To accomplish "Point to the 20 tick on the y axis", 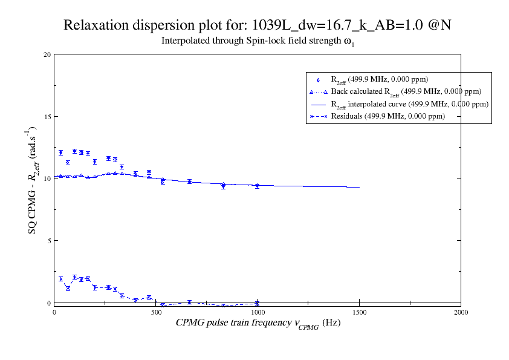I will coord(47,54).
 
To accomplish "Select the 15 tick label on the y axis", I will coord(47,117).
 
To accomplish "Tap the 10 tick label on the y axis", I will coord(47,178).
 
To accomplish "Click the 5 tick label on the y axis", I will coord(48,241).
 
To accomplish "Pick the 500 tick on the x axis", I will coord(156,312).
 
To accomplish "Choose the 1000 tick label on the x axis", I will coord(258,312).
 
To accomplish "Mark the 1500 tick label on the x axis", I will coord(359,312).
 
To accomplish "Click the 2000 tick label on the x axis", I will coord(461,312).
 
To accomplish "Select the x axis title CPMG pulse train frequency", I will coord(258,323).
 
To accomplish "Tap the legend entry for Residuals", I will coord(387,116).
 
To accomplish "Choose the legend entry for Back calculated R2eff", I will coord(406,92).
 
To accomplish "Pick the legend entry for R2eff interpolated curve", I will coord(409,104).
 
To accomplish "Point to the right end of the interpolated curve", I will coord(359,187).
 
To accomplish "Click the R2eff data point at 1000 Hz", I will coord(258,186).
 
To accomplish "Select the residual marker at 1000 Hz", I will coord(258,303).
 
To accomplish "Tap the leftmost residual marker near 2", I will coord(60,279).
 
